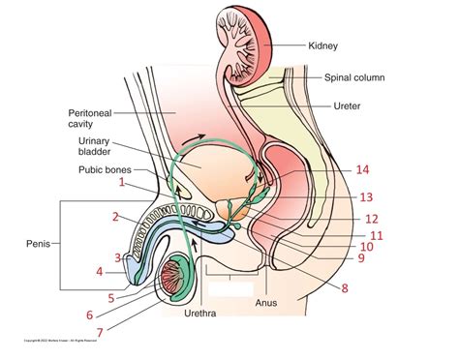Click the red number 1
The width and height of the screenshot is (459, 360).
coord(122,181)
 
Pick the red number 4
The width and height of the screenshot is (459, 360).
coord(99,272)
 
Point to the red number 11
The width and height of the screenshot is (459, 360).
coord(377,235)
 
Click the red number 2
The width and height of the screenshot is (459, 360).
coord(114,216)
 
